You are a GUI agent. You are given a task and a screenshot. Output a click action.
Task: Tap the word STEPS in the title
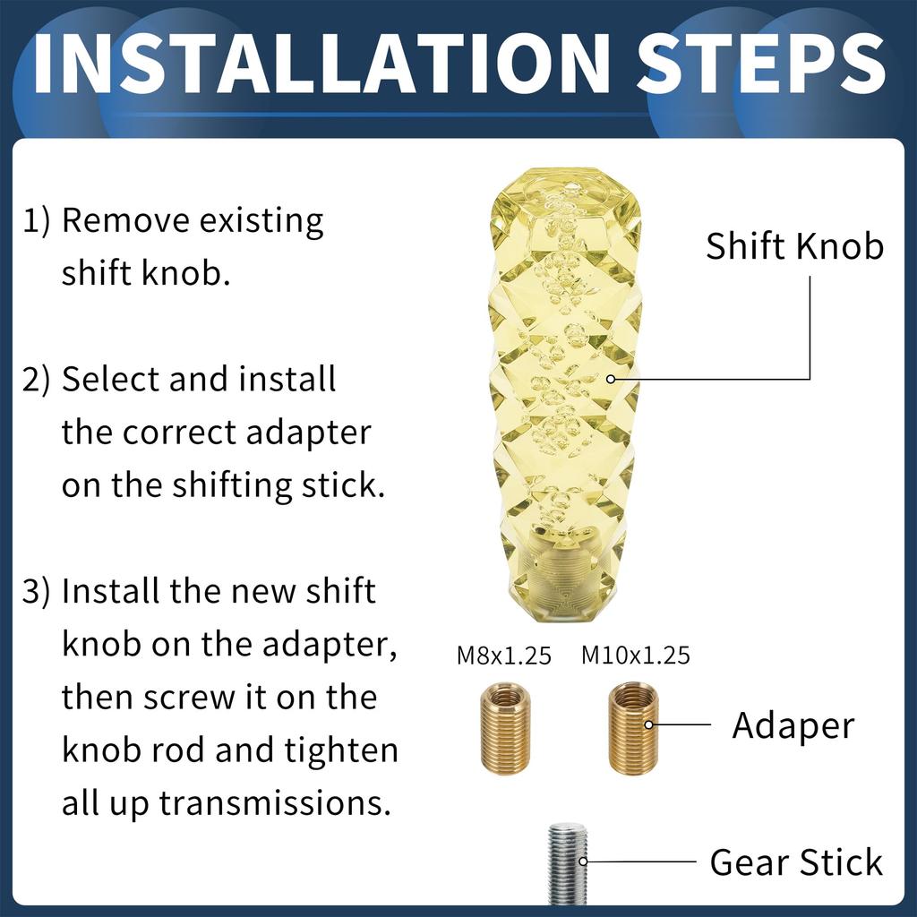click(x=761, y=64)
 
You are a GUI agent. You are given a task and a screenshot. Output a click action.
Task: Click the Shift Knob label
click(x=794, y=245)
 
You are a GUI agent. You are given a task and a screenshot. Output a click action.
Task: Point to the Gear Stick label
click(x=796, y=862)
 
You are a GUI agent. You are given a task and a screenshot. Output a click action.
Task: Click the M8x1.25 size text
click(x=503, y=656)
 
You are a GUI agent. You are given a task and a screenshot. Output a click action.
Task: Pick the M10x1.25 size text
click(x=635, y=656)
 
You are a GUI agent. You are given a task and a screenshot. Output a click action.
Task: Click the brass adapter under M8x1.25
click(x=505, y=730)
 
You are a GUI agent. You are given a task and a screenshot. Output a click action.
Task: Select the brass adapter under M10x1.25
click(x=633, y=728)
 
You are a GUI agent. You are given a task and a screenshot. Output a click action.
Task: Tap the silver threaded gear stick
click(x=567, y=862)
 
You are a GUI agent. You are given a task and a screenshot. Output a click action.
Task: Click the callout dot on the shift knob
click(x=611, y=379)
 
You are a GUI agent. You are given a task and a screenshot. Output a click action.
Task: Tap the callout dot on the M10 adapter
click(x=648, y=724)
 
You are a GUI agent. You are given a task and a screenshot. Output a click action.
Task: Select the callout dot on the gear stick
click(x=583, y=861)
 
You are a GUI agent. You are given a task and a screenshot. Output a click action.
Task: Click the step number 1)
click(x=36, y=221)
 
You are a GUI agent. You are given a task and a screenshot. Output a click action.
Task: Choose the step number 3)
click(x=36, y=591)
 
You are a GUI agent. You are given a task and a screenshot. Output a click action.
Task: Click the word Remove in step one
click(x=125, y=221)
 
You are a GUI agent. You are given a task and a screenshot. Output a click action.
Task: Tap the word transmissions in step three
click(x=275, y=803)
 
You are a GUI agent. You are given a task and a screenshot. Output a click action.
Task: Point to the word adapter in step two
click(x=308, y=434)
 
